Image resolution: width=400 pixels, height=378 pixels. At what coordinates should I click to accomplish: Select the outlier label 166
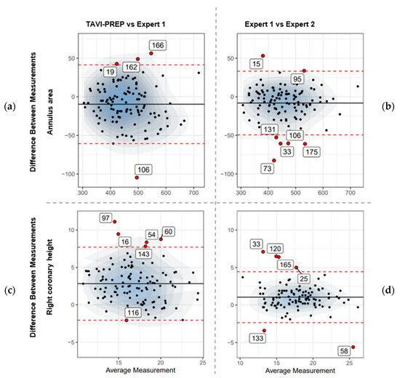[158, 45]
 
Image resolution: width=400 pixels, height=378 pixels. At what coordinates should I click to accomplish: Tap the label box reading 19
[110, 72]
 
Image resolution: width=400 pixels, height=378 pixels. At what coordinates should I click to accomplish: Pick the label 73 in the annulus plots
[269, 168]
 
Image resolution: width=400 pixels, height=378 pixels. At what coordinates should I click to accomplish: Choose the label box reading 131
[270, 130]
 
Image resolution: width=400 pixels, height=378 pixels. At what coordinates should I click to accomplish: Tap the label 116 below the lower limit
[132, 313]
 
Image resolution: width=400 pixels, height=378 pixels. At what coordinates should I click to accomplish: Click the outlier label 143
[143, 254]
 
